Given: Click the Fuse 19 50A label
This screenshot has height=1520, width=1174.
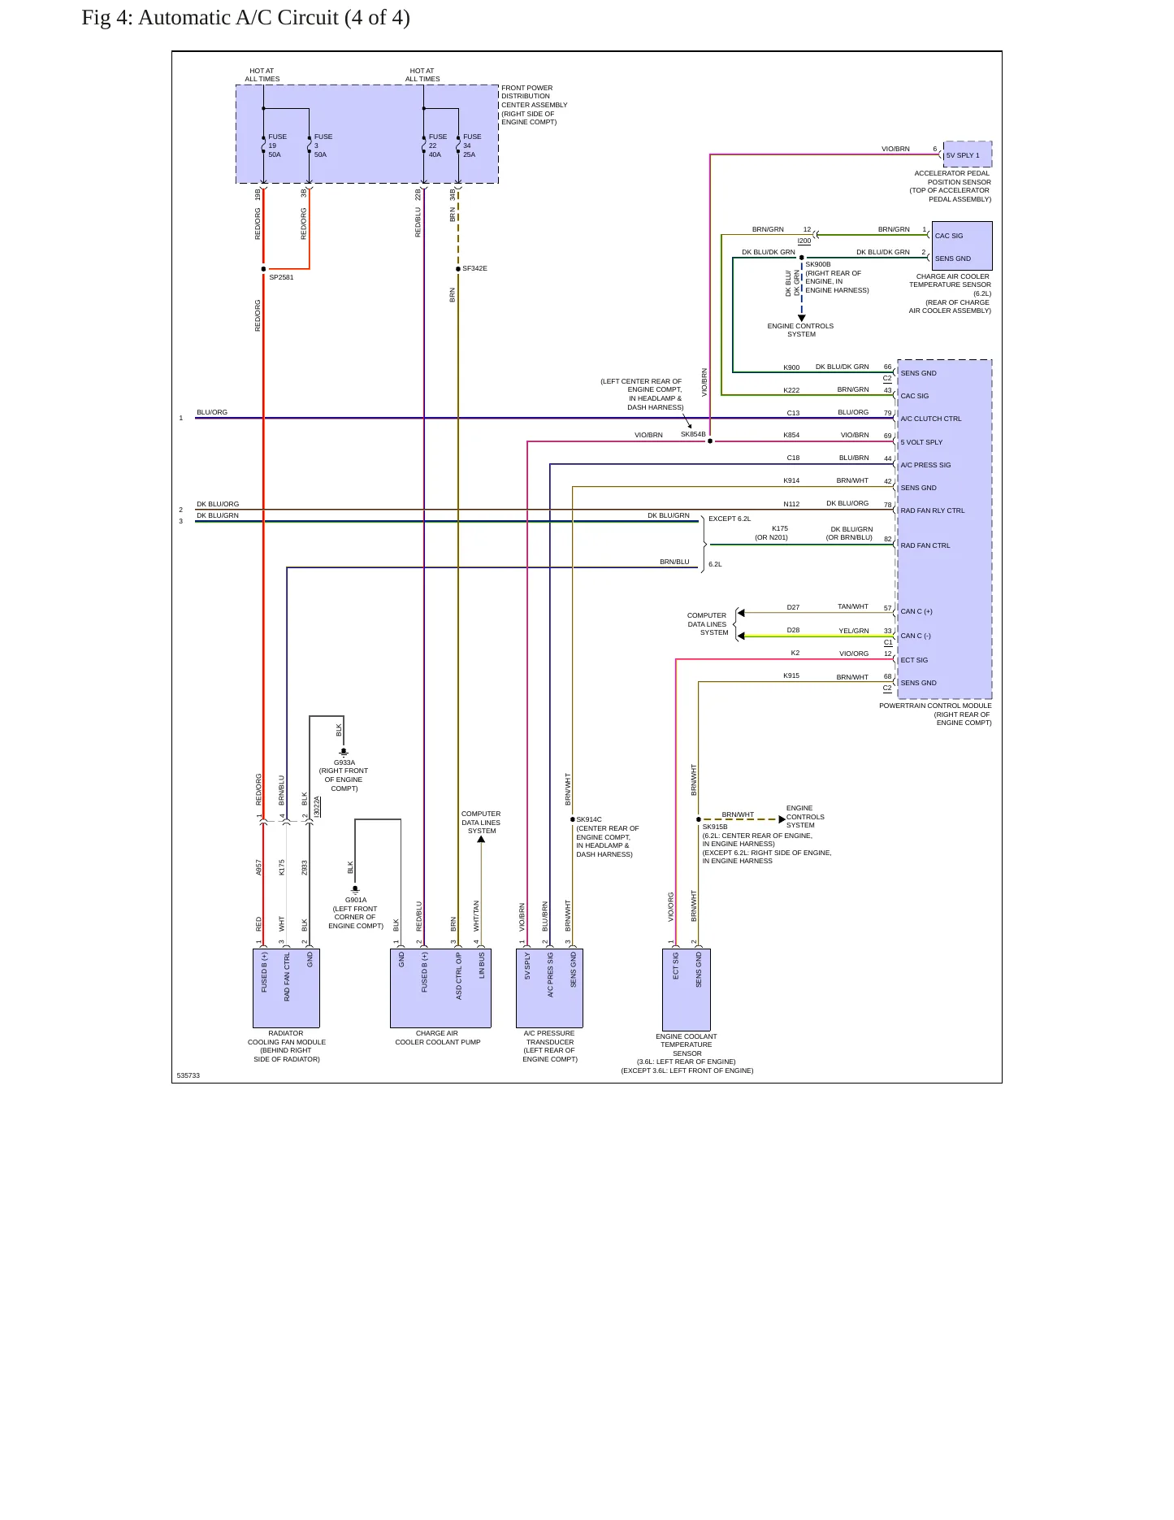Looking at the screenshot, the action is [277, 145].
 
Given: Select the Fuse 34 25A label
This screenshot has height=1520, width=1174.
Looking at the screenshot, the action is [472, 145].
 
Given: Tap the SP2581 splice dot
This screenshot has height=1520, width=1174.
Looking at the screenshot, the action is [263, 269].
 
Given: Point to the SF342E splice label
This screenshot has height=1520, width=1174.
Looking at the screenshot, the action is [474, 268].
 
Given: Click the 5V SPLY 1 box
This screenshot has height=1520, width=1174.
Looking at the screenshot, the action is [968, 154].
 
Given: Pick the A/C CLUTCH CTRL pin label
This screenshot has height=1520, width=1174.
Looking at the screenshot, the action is [930, 419].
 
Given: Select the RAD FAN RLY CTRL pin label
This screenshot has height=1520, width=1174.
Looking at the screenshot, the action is [933, 510].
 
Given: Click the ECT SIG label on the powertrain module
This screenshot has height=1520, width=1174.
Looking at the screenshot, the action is [914, 660].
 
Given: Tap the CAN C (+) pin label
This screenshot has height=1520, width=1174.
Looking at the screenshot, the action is [916, 611].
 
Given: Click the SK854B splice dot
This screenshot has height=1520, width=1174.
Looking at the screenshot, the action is [710, 441].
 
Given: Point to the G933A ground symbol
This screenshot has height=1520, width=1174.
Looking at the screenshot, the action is [344, 753].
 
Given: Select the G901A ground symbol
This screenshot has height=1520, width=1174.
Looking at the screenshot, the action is [355, 890].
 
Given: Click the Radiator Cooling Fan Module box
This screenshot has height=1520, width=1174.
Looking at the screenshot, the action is [286, 988].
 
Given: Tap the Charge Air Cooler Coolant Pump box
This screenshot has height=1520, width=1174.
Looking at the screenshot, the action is [440, 988].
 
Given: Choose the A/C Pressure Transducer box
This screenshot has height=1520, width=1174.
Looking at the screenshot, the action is [549, 988].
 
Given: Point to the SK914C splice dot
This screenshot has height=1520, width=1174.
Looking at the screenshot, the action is [573, 819].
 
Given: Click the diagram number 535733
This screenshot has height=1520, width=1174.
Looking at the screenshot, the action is [188, 1075].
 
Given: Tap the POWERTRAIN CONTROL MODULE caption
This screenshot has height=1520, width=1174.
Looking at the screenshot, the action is [935, 706].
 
